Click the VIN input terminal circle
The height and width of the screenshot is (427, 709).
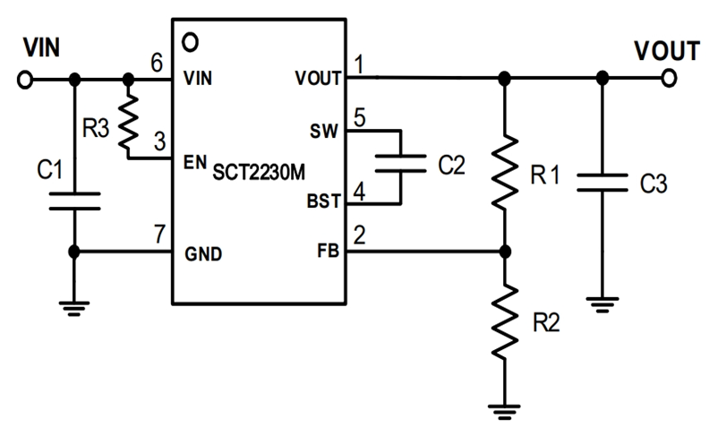point(23,80)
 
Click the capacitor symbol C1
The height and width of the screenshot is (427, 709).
point(75,200)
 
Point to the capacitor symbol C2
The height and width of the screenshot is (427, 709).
point(400,164)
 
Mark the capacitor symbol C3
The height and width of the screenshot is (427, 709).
point(602,183)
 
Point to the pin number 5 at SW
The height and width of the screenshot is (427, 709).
point(359,116)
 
